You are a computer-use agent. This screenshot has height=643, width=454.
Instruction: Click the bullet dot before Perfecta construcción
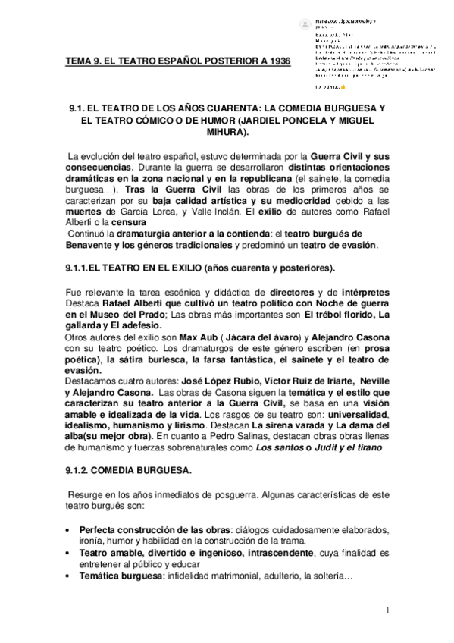click(69, 529)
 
